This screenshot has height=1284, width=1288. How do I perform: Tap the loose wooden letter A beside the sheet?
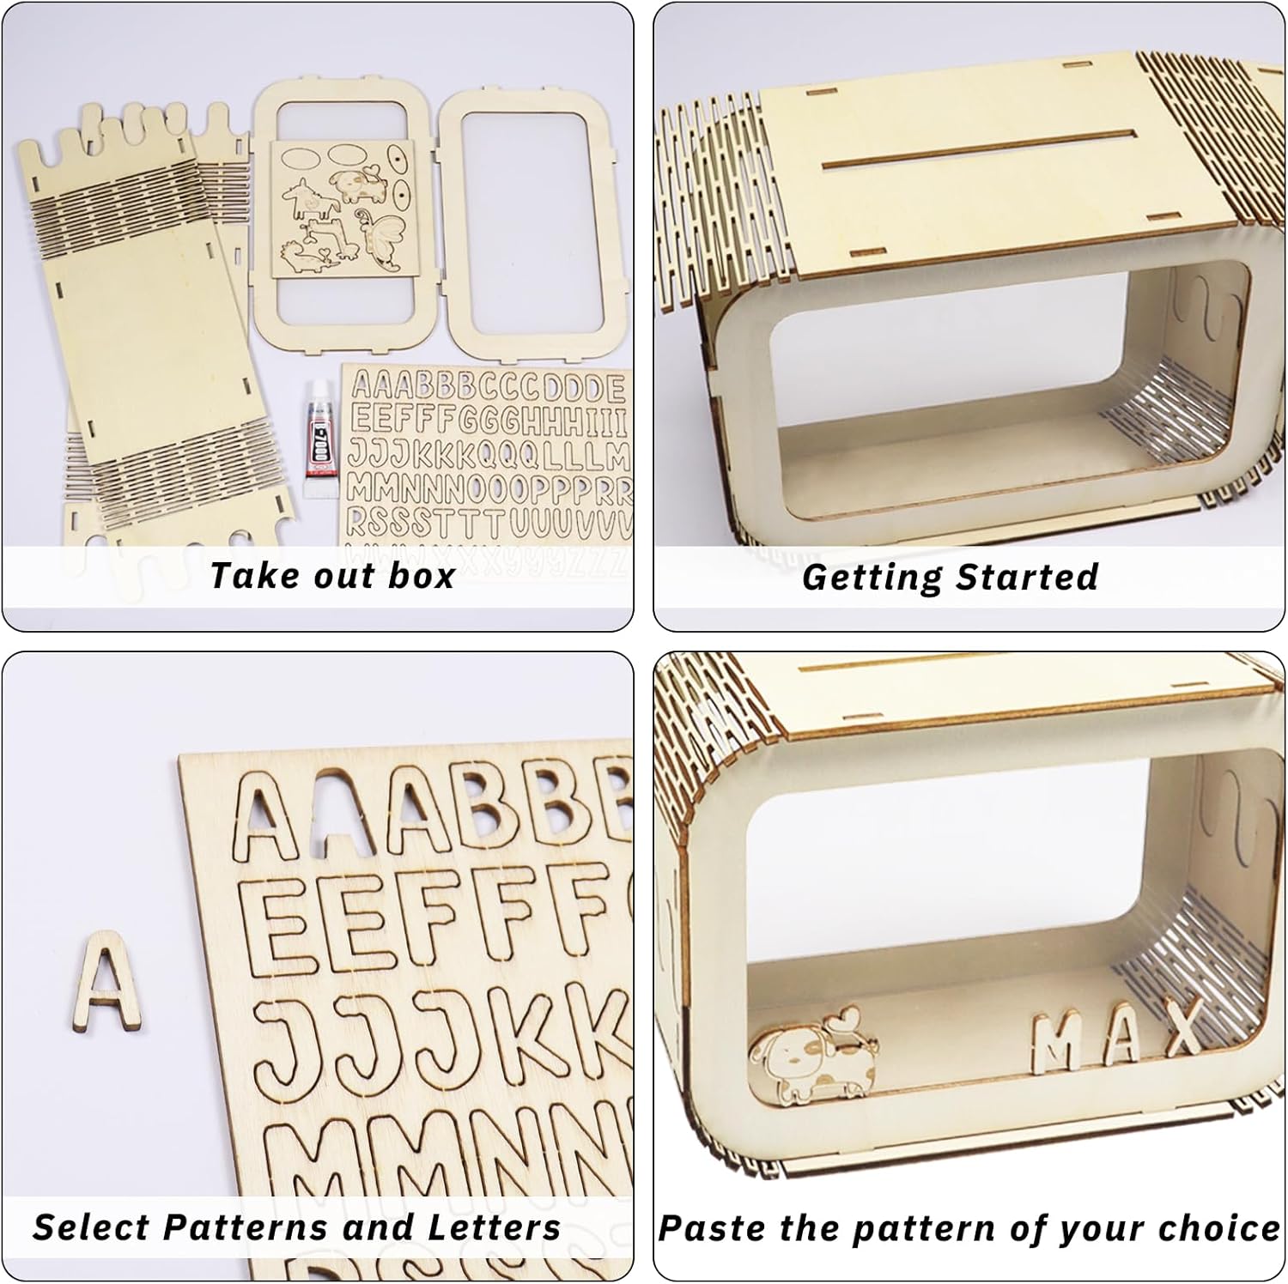pyautogui.click(x=107, y=980)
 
